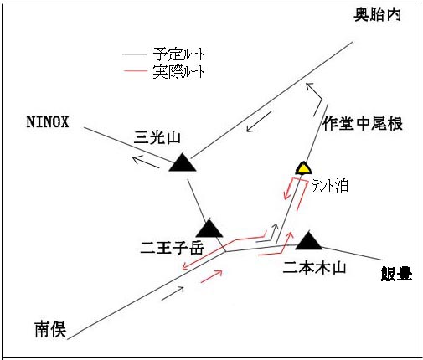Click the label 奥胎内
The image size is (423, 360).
(378, 14)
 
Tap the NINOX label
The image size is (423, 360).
(48, 122)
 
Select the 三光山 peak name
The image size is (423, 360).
(157, 137)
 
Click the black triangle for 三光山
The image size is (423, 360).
(183, 162)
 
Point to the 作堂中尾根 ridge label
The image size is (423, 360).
(363, 124)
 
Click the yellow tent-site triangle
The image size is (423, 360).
(303, 168)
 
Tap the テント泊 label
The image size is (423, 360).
(330, 186)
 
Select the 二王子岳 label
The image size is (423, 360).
(173, 248)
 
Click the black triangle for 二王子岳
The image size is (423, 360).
(209, 229)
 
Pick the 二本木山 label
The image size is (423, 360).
(314, 267)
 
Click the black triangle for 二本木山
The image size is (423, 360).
(309, 240)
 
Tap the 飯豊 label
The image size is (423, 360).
(396, 274)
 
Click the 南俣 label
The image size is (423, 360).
(50, 329)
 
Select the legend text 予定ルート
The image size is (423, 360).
(179, 54)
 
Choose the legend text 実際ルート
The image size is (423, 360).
(179, 72)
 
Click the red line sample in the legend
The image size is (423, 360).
(135, 71)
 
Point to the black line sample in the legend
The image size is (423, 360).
(134, 54)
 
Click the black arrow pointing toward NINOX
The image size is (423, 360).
(145, 162)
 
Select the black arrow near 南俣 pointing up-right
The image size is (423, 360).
(173, 293)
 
